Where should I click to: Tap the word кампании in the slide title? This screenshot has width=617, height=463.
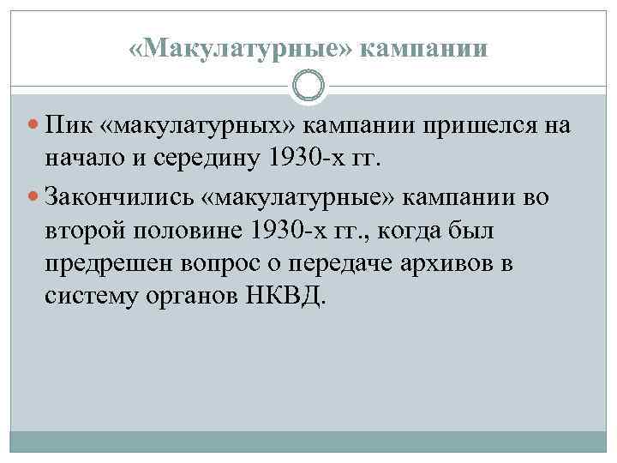coord(424,49)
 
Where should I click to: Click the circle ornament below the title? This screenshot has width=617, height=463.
coord(308,86)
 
